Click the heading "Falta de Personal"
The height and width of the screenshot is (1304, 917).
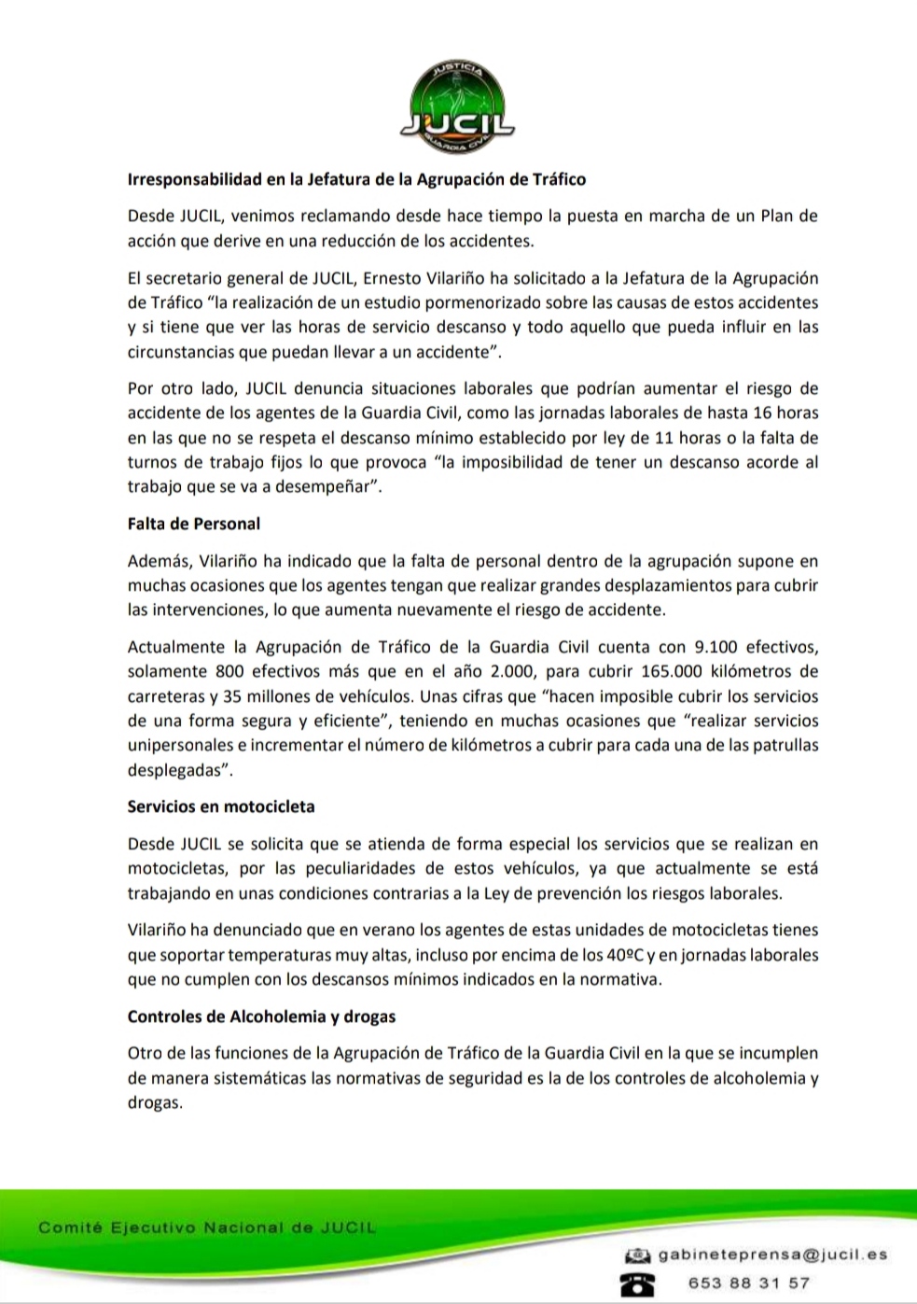click(x=193, y=524)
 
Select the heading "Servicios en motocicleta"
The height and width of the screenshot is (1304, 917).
click(x=221, y=806)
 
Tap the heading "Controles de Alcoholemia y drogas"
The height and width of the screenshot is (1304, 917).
click(x=261, y=1017)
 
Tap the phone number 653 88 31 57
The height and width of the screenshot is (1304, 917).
click(x=748, y=1283)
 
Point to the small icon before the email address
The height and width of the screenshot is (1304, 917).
click(x=637, y=1255)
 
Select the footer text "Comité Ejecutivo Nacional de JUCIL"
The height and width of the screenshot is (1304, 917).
click(x=206, y=1227)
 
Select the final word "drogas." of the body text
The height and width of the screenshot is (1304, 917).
click(x=154, y=1102)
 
